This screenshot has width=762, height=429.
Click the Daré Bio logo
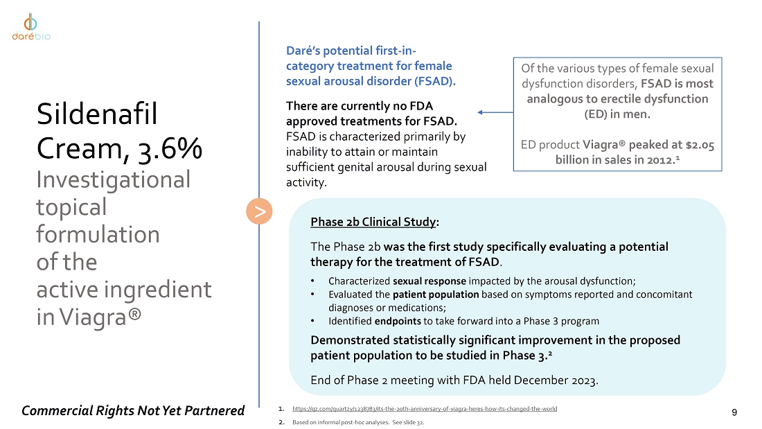(x=31, y=27)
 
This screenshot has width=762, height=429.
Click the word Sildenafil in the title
(x=98, y=114)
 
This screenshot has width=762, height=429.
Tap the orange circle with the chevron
(x=259, y=212)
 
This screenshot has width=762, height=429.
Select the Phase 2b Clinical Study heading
(x=374, y=222)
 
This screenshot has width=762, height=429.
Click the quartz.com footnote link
(x=425, y=409)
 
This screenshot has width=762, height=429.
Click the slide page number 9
(x=735, y=412)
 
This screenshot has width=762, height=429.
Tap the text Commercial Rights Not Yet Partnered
(x=133, y=411)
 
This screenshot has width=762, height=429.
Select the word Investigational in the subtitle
(x=113, y=180)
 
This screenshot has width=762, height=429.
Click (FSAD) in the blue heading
(x=434, y=81)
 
